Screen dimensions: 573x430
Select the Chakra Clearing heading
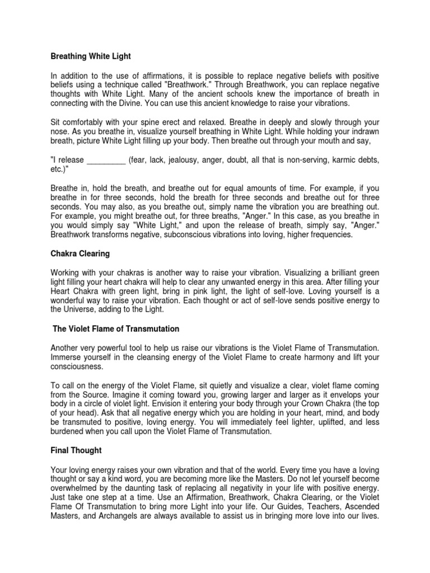click(80, 253)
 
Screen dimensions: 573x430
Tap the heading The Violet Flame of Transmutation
click(116, 328)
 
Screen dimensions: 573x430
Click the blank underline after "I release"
click(106, 160)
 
